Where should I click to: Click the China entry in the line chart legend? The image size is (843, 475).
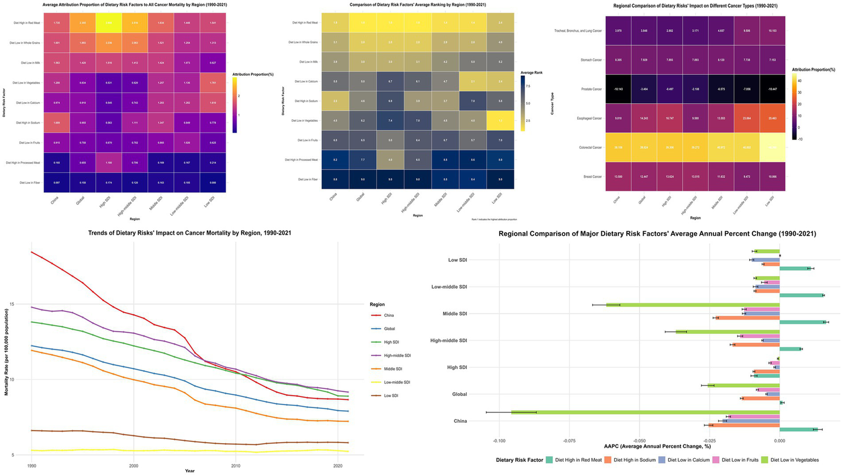click(389, 315)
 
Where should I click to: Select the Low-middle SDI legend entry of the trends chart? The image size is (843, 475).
click(397, 382)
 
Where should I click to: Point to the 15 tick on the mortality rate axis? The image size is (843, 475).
click(20, 304)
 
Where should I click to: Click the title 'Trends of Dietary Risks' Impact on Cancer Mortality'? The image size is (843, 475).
click(189, 233)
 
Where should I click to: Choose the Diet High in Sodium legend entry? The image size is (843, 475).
click(634, 460)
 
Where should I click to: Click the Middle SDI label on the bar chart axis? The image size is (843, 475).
click(455, 314)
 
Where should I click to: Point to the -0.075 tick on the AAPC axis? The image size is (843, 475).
click(570, 440)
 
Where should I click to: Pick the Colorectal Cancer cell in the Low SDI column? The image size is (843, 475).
click(772, 147)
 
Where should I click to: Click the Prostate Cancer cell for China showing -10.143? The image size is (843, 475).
click(618, 89)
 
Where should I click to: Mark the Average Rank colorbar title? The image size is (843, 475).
click(532, 72)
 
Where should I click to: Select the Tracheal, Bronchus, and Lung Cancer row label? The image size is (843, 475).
click(578, 31)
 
